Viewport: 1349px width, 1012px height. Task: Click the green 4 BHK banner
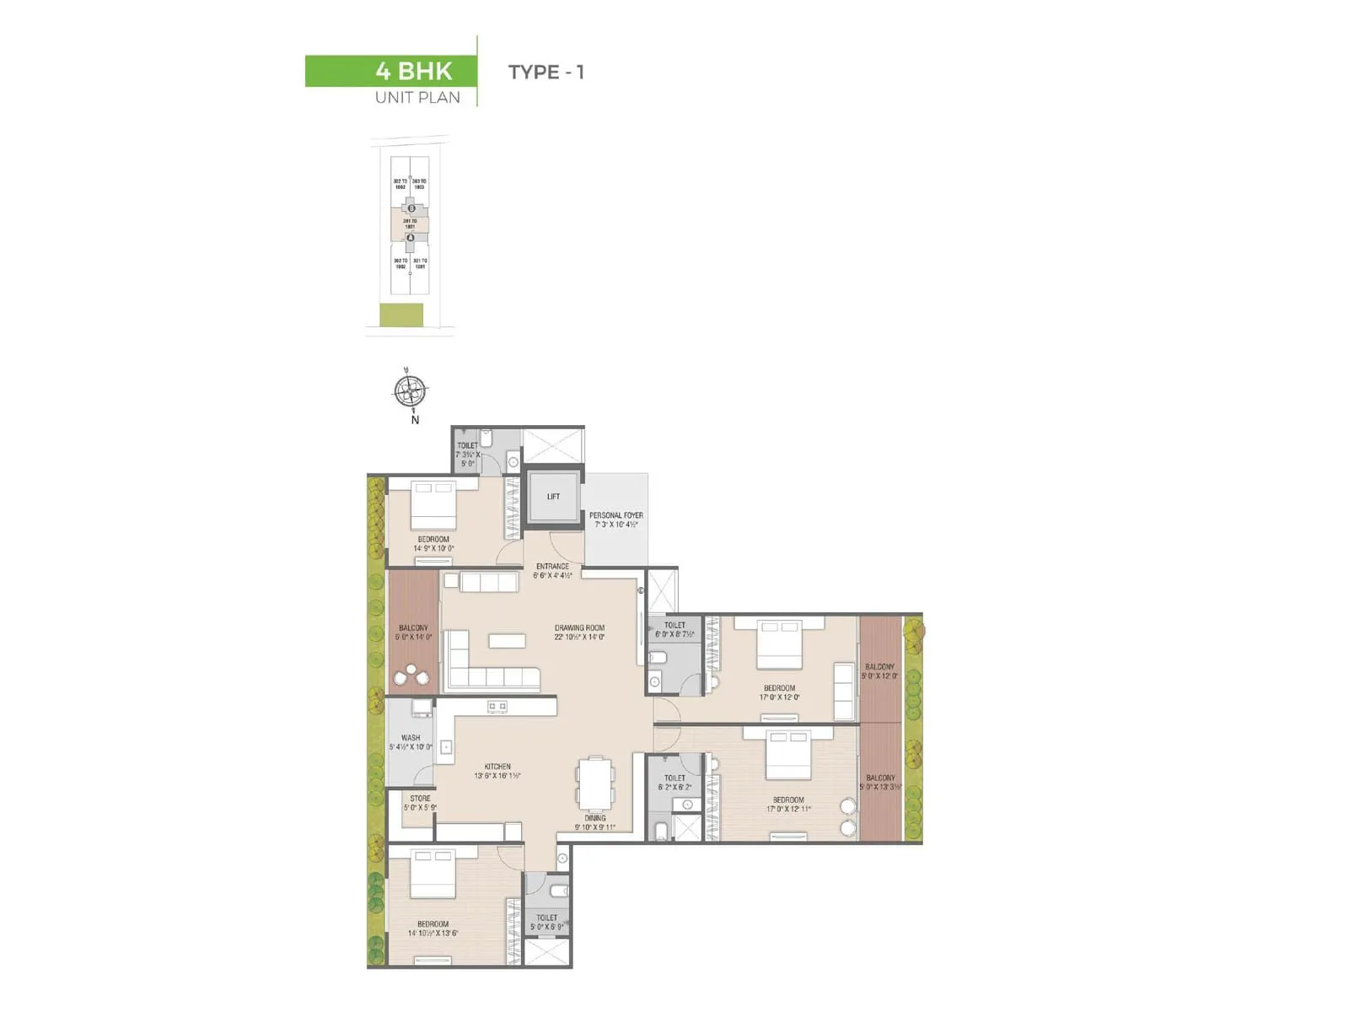click(390, 71)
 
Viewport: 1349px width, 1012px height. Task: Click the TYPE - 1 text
click(546, 73)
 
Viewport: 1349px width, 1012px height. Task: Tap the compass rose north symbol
click(411, 390)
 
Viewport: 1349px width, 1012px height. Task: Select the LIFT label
click(553, 497)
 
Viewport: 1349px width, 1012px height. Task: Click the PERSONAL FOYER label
click(615, 519)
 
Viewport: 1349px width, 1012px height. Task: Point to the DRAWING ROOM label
click(579, 632)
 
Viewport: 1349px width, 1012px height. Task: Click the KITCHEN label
click(497, 771)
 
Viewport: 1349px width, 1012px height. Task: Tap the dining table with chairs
click(595, 783)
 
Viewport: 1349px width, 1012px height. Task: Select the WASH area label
click(411, 742)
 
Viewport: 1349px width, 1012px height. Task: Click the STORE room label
click(420, 802)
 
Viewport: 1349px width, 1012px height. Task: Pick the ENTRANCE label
click(552, 570)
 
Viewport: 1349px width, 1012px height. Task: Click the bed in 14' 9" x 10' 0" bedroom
click(433, 503)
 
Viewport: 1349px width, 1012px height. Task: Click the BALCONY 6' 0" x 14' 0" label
click(413, 632)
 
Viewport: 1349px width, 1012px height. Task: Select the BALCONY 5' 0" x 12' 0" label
click(879, 671)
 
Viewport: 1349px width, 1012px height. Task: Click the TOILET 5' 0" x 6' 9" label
click(546, 922)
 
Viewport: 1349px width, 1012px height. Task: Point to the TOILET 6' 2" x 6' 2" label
click(674, 783)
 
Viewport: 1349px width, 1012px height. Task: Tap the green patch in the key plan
click(401, 315)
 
